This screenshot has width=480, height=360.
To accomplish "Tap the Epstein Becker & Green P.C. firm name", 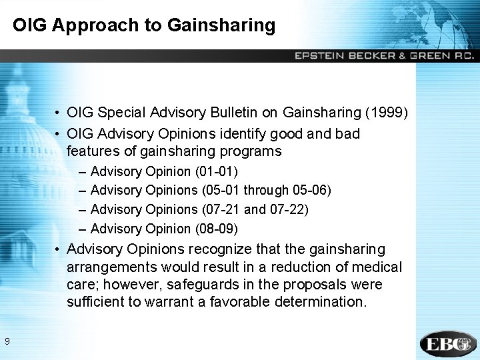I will tap(384, 56).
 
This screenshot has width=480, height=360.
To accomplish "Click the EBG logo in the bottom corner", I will tap(448, 343).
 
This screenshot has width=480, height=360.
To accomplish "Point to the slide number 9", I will tap(7, 342).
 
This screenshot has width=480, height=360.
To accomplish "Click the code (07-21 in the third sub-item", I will tap(221, 209).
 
